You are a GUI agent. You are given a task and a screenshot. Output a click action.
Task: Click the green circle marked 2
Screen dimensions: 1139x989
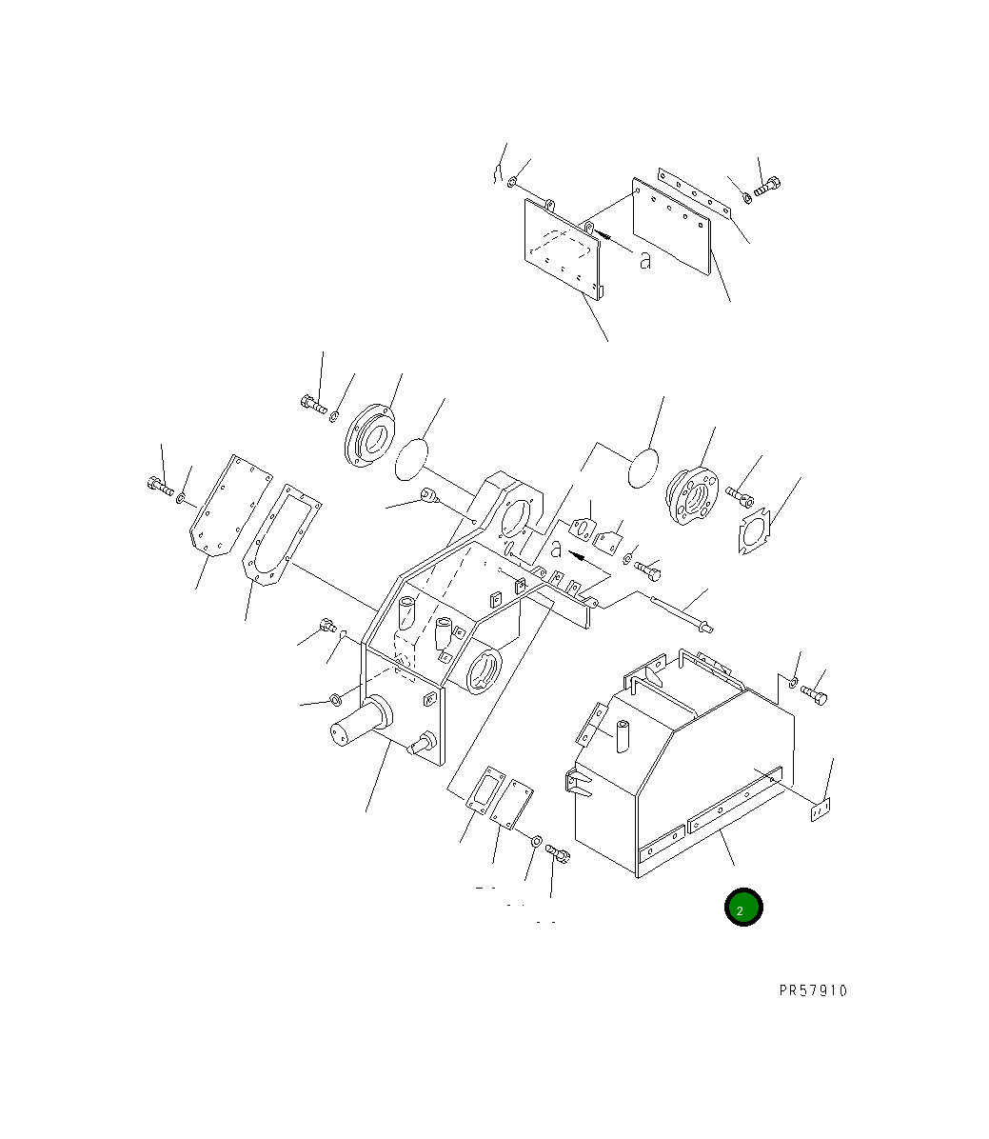(x=742, y=908)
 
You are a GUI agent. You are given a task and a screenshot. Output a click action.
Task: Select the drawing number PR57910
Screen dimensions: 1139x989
(x=812, y=990)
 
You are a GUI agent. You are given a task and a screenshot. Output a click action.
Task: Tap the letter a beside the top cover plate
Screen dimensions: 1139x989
(x=645, y=259)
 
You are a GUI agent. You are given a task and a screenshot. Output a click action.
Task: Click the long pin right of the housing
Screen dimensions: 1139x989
(x=681, y=610)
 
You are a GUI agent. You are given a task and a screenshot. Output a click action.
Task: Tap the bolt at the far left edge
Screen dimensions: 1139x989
(x=160, y=488)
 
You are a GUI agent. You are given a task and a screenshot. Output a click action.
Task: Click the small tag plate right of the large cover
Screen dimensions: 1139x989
(x=821, y=809)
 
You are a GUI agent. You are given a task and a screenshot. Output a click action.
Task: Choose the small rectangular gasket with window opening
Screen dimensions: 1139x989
(x=485, y=789)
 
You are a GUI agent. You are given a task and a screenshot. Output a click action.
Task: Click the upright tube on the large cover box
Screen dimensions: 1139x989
(x=624, y=737)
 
